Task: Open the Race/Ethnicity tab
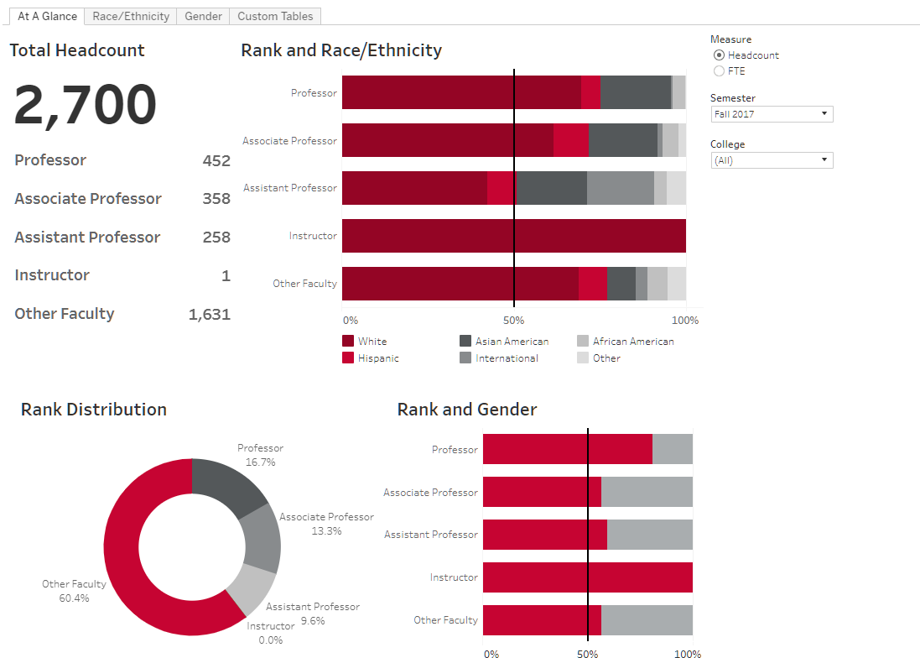131,16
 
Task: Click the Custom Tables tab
275,16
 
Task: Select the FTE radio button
719,71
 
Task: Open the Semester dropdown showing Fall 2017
772,114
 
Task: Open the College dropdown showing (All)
772,160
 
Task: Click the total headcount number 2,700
86,105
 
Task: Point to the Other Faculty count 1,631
209,315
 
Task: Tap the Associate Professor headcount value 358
216,199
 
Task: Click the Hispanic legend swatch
348,358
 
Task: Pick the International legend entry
507,358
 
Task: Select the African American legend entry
633,342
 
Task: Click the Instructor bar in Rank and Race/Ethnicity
513,236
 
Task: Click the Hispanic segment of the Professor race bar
590,92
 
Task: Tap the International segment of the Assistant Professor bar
620,188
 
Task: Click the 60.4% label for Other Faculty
74,598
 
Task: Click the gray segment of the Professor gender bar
673,449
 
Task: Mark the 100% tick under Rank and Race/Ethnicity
685,321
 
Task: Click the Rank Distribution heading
94,410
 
